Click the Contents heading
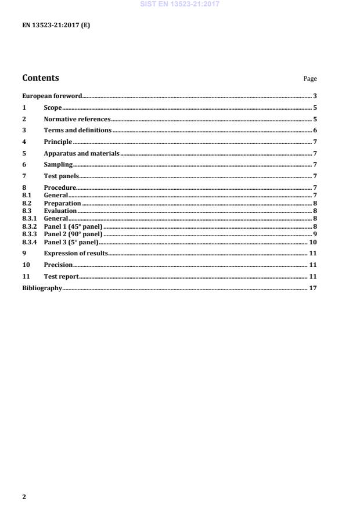tap(40, 78)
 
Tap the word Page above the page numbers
tap(310, 79)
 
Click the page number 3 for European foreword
tap(315, 96)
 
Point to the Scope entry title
tap(53, 107)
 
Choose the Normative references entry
tap(77, 119)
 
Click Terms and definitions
tap(77, 130)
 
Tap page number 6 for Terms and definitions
tap(315, 130)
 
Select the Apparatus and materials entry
tap(81, 153)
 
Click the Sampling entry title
tap(58, 164)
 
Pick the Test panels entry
tap(61, 175)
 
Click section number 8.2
tap(27, 203)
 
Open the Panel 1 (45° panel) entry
tap(73, 226)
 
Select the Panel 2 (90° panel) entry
tap(73, 234)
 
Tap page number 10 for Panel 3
tap(312, 241)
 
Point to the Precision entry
tap(58, 265)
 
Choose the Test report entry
tap(61, 276)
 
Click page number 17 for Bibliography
tap(312, 287)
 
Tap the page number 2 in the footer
tap(24, 497)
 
